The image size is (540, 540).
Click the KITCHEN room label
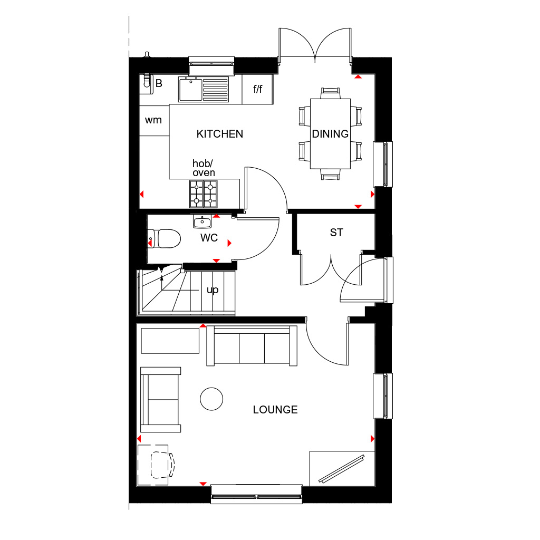click(220, 133)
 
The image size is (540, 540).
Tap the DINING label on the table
click(330, 133)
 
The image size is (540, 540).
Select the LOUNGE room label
click(275, 409)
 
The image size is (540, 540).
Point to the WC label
click(209, 238)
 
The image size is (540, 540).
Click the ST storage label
click(336, 233)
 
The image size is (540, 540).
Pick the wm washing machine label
click(153, 120)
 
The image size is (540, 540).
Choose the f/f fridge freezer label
click(257, 89)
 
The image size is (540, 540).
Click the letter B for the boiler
click(159, 83)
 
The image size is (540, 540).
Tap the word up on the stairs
click(213, 290)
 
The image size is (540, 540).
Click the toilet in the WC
click(165, 238)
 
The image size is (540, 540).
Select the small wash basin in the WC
click(202, 221)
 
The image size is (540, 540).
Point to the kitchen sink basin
click(190, 90)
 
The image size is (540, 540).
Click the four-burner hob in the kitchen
click(204, 194)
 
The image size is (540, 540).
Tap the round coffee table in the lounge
click(211, 399)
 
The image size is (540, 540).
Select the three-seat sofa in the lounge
click(252, 346)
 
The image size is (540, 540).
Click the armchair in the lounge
click(160, 400)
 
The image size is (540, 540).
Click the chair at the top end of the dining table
click(330, 93)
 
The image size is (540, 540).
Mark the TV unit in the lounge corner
click(342, 468)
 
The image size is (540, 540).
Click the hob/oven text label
click(203, 168)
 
